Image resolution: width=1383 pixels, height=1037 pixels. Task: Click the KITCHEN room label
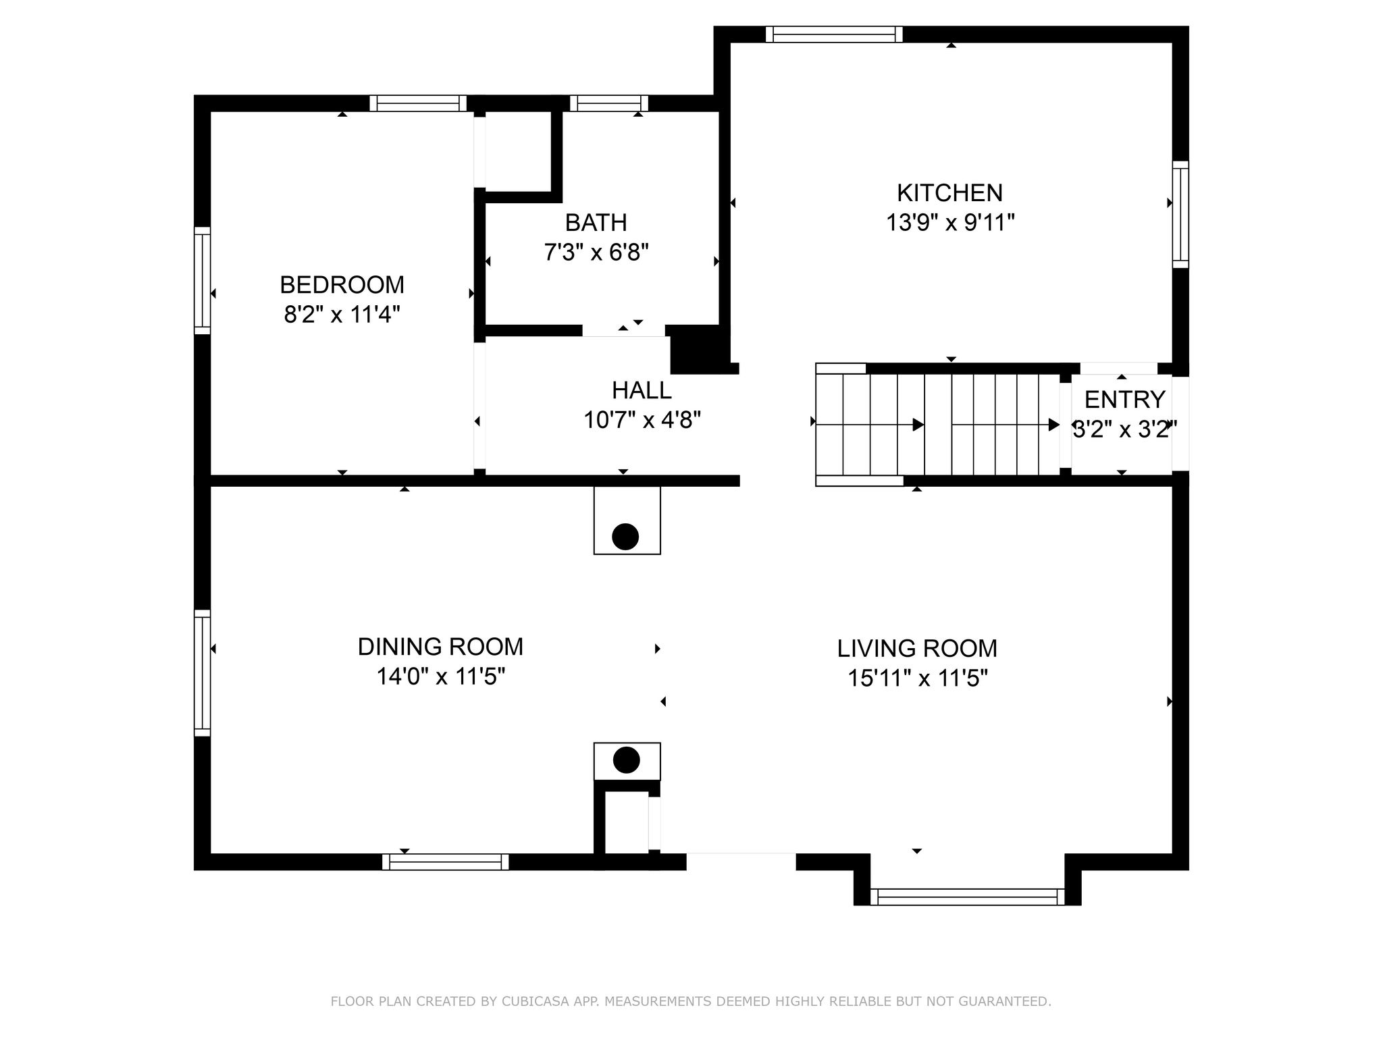click(x=949, y=193)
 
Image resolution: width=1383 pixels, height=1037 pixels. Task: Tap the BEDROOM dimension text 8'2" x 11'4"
click(x=342, y=315)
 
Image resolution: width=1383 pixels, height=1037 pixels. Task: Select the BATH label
click(x=596, y=223)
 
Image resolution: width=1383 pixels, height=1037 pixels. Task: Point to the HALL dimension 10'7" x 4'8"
click(x=642, y=421)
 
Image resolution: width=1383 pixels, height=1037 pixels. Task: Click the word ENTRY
click(x=1124, y=400)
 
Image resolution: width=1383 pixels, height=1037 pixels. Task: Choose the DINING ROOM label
click(x=440, y=647)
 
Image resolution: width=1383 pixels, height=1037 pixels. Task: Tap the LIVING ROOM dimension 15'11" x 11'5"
click(x=917, y=678)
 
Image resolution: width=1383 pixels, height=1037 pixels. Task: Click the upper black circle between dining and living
click(x=625, y=537)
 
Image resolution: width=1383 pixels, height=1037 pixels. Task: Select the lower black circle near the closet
click(x=626, y=760)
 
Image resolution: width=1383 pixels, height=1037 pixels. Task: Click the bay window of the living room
click(x=967, y=897)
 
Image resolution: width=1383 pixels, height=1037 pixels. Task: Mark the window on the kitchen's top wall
click(x=834, y=34)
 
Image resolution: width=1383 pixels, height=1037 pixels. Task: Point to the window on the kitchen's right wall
click(x=1180, y=214)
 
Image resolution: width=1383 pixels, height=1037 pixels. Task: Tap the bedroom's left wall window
click(x=202, y=280)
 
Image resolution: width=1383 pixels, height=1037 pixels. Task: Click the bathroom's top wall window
click(x=608, y=103)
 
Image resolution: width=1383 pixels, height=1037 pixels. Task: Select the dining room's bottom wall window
click(x=445, y=862)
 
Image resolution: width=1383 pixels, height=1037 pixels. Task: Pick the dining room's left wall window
click(x=202, y=672)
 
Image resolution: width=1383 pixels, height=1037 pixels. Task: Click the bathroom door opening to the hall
click(x=623, y=330)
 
